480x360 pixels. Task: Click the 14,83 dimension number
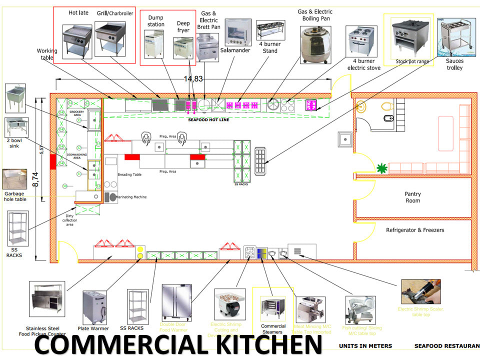(193, 78)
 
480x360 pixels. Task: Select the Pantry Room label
(413, 197)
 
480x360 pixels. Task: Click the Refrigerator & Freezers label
(414, 230)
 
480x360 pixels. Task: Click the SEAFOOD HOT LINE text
(208, 120)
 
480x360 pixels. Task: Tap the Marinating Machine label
(132, 197)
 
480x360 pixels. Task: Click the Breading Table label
(129, 174)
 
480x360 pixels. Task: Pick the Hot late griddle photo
(76, 39)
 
